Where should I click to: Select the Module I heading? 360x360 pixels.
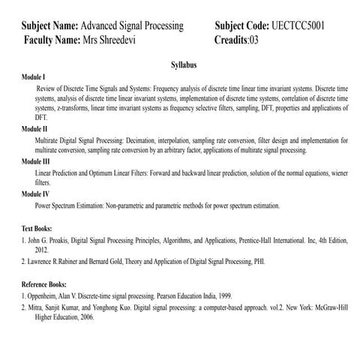(34, 77)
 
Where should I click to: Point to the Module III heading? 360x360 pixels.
(36, 161)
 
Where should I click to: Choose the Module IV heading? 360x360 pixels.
(36, 193)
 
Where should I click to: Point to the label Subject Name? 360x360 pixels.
(49, 25)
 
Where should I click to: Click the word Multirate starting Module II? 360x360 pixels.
(49, 140)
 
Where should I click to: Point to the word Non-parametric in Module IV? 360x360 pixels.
(133, 205)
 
